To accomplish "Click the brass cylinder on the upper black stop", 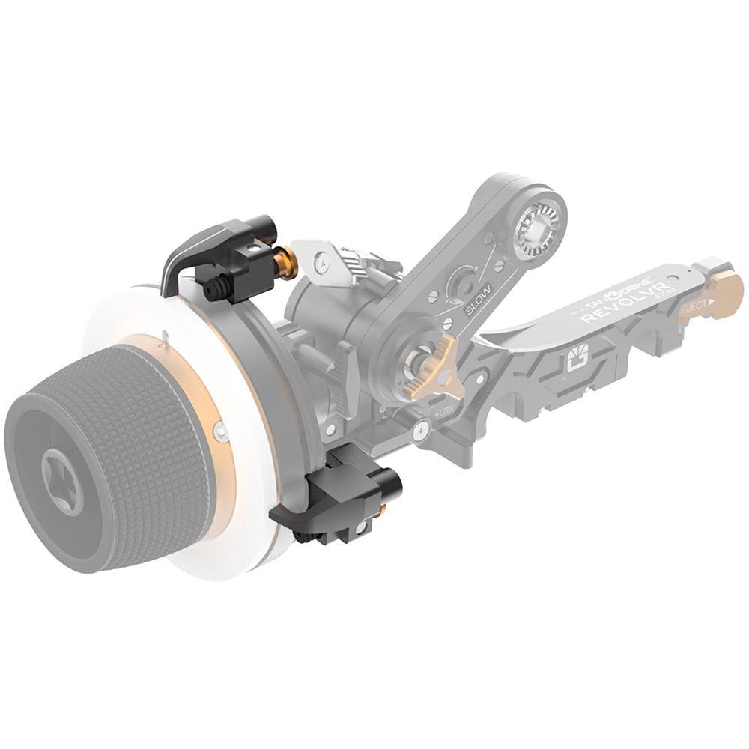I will click(x=285, y=259).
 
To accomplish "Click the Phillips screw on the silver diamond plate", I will click(x=321, y=260).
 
